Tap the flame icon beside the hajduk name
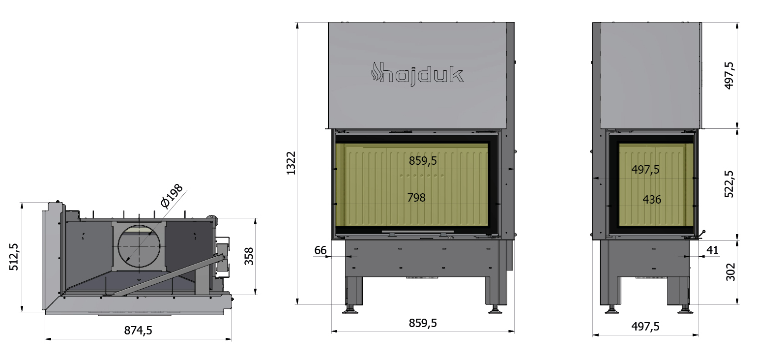coord(375,72)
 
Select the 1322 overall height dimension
coord(291,163)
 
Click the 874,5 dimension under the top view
coord(138,330)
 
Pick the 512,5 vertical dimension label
coord(14,257)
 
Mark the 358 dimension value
coord(249,256)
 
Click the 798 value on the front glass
coord(416,197)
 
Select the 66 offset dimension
coord(320,250)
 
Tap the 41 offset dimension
coord(712,250)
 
